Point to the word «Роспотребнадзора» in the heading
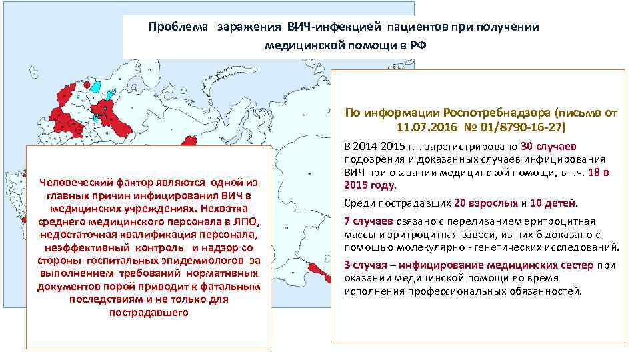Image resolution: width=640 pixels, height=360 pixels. point(477,113)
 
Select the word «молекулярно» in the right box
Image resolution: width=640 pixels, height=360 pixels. point(461,247)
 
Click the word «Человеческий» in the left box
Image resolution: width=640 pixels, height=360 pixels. point(72,183)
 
